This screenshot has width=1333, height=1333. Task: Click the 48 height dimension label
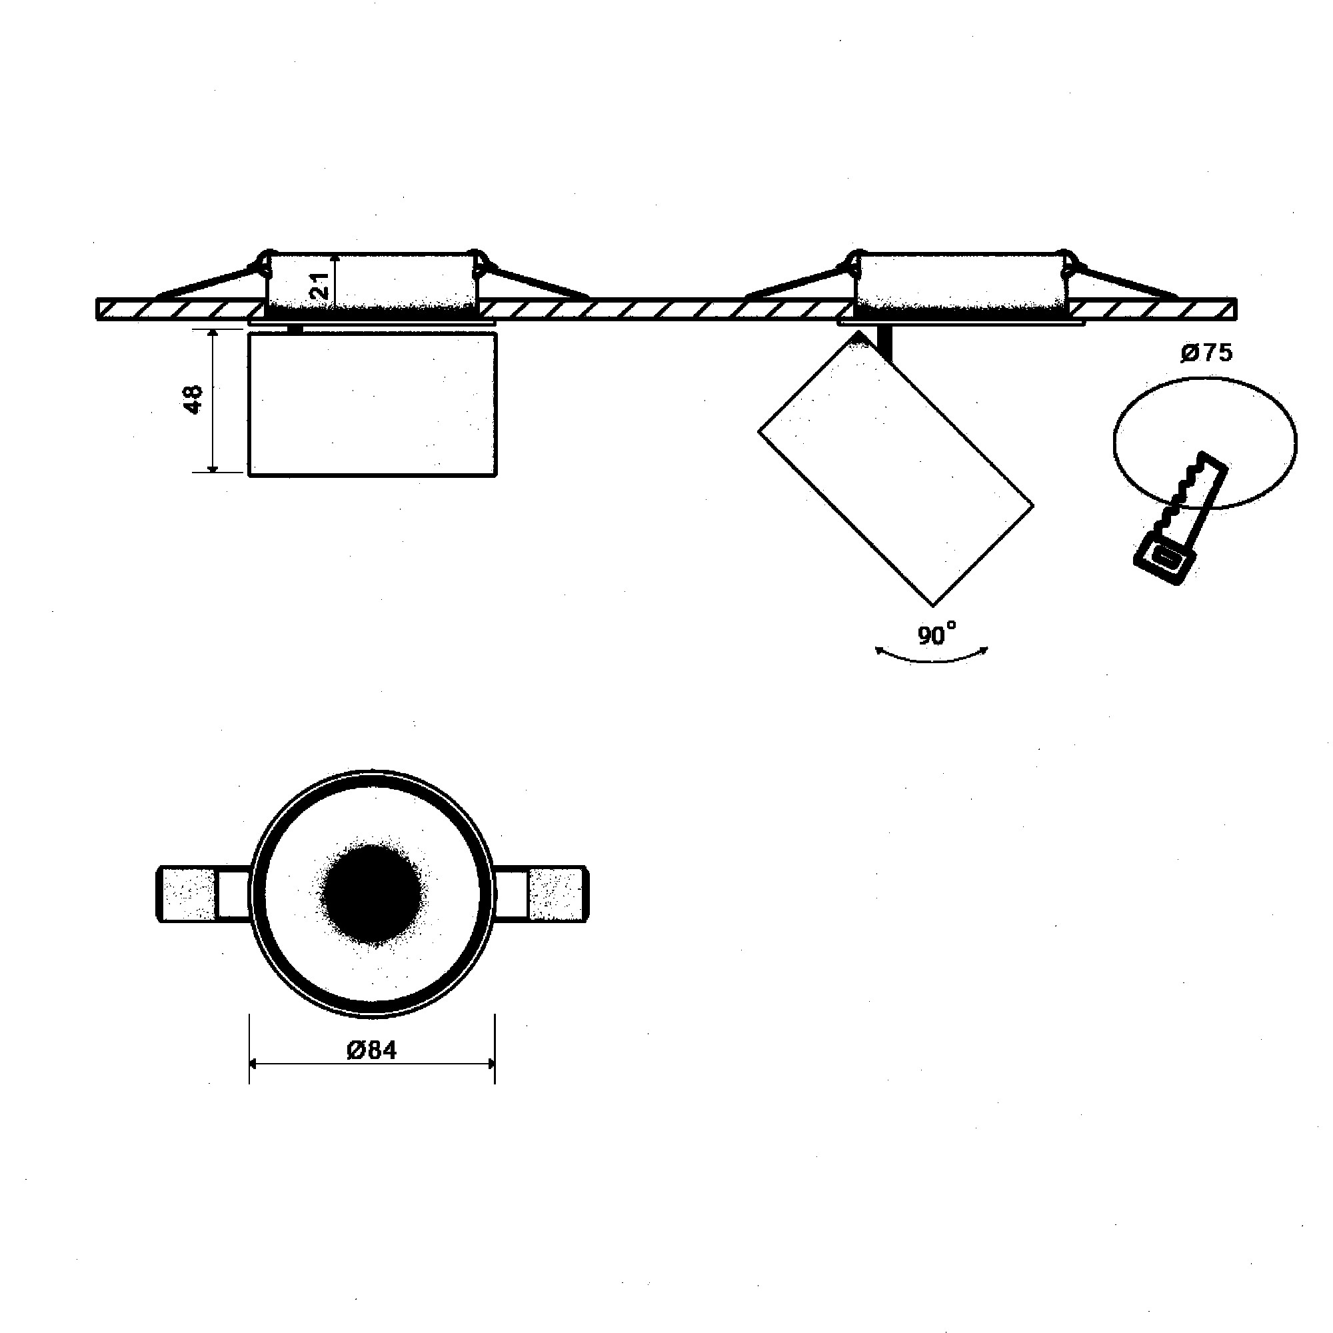[x=194, y=400]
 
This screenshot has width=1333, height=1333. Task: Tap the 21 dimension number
[x=319, y=285]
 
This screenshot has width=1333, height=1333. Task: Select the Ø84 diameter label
[x=372, y=1050]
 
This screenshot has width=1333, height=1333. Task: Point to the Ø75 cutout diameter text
[x=1206, y=353]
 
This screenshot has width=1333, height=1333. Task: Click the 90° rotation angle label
[x=936, y=634]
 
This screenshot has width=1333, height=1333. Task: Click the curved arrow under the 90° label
[x=932, y=660]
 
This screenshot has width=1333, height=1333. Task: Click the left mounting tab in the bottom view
[x=188, y=894]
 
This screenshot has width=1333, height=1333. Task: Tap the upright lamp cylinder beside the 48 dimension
[x=372, y=405]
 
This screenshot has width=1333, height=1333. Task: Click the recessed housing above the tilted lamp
[x=959, y=279]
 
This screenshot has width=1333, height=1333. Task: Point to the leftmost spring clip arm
[x=207, y=283]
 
